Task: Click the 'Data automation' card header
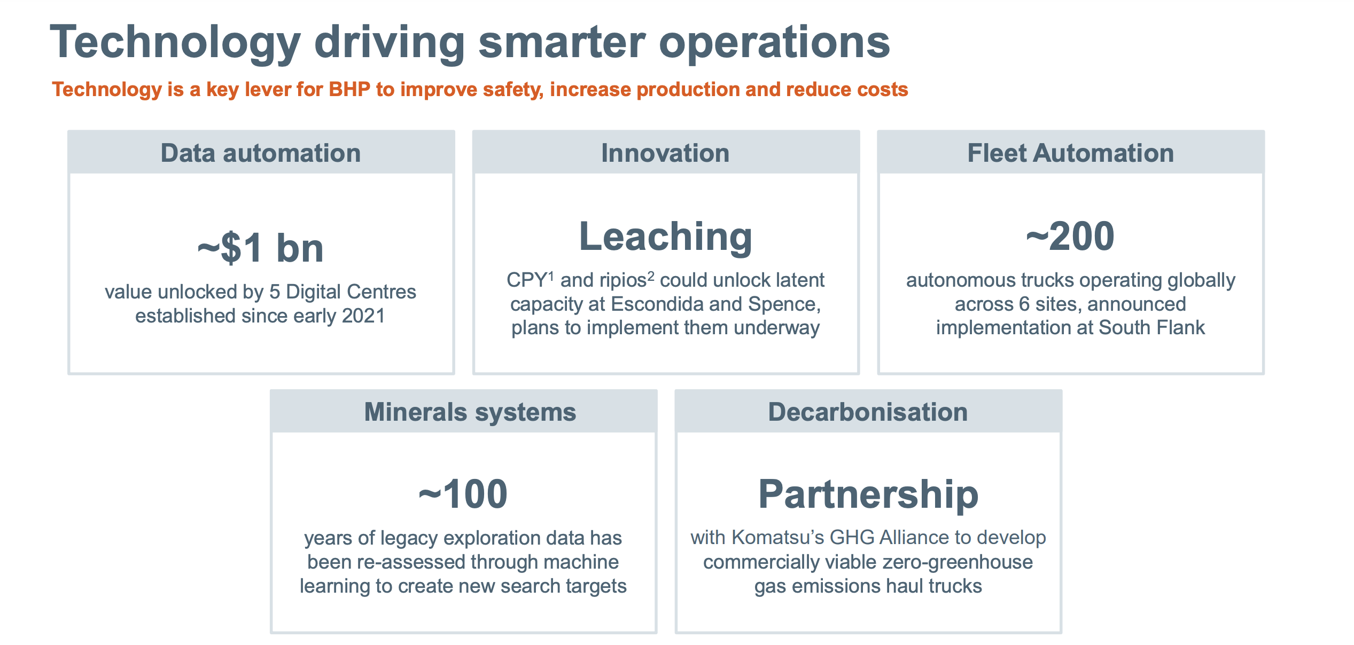(261, 153)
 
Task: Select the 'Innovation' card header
(666, 153)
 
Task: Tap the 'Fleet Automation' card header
(1071, 153)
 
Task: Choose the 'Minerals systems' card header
(464, 412)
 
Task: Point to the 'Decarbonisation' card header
(868, 412)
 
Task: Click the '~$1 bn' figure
(261, 248)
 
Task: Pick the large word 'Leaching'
(666, 237)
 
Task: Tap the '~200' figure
(1070, 237)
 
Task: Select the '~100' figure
(463, 494)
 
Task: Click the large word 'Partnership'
(868, 494)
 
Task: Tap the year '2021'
(363, 316)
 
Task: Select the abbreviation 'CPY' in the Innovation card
(526, 280)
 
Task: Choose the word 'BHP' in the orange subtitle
(349, 89)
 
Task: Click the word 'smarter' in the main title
(562, 42)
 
